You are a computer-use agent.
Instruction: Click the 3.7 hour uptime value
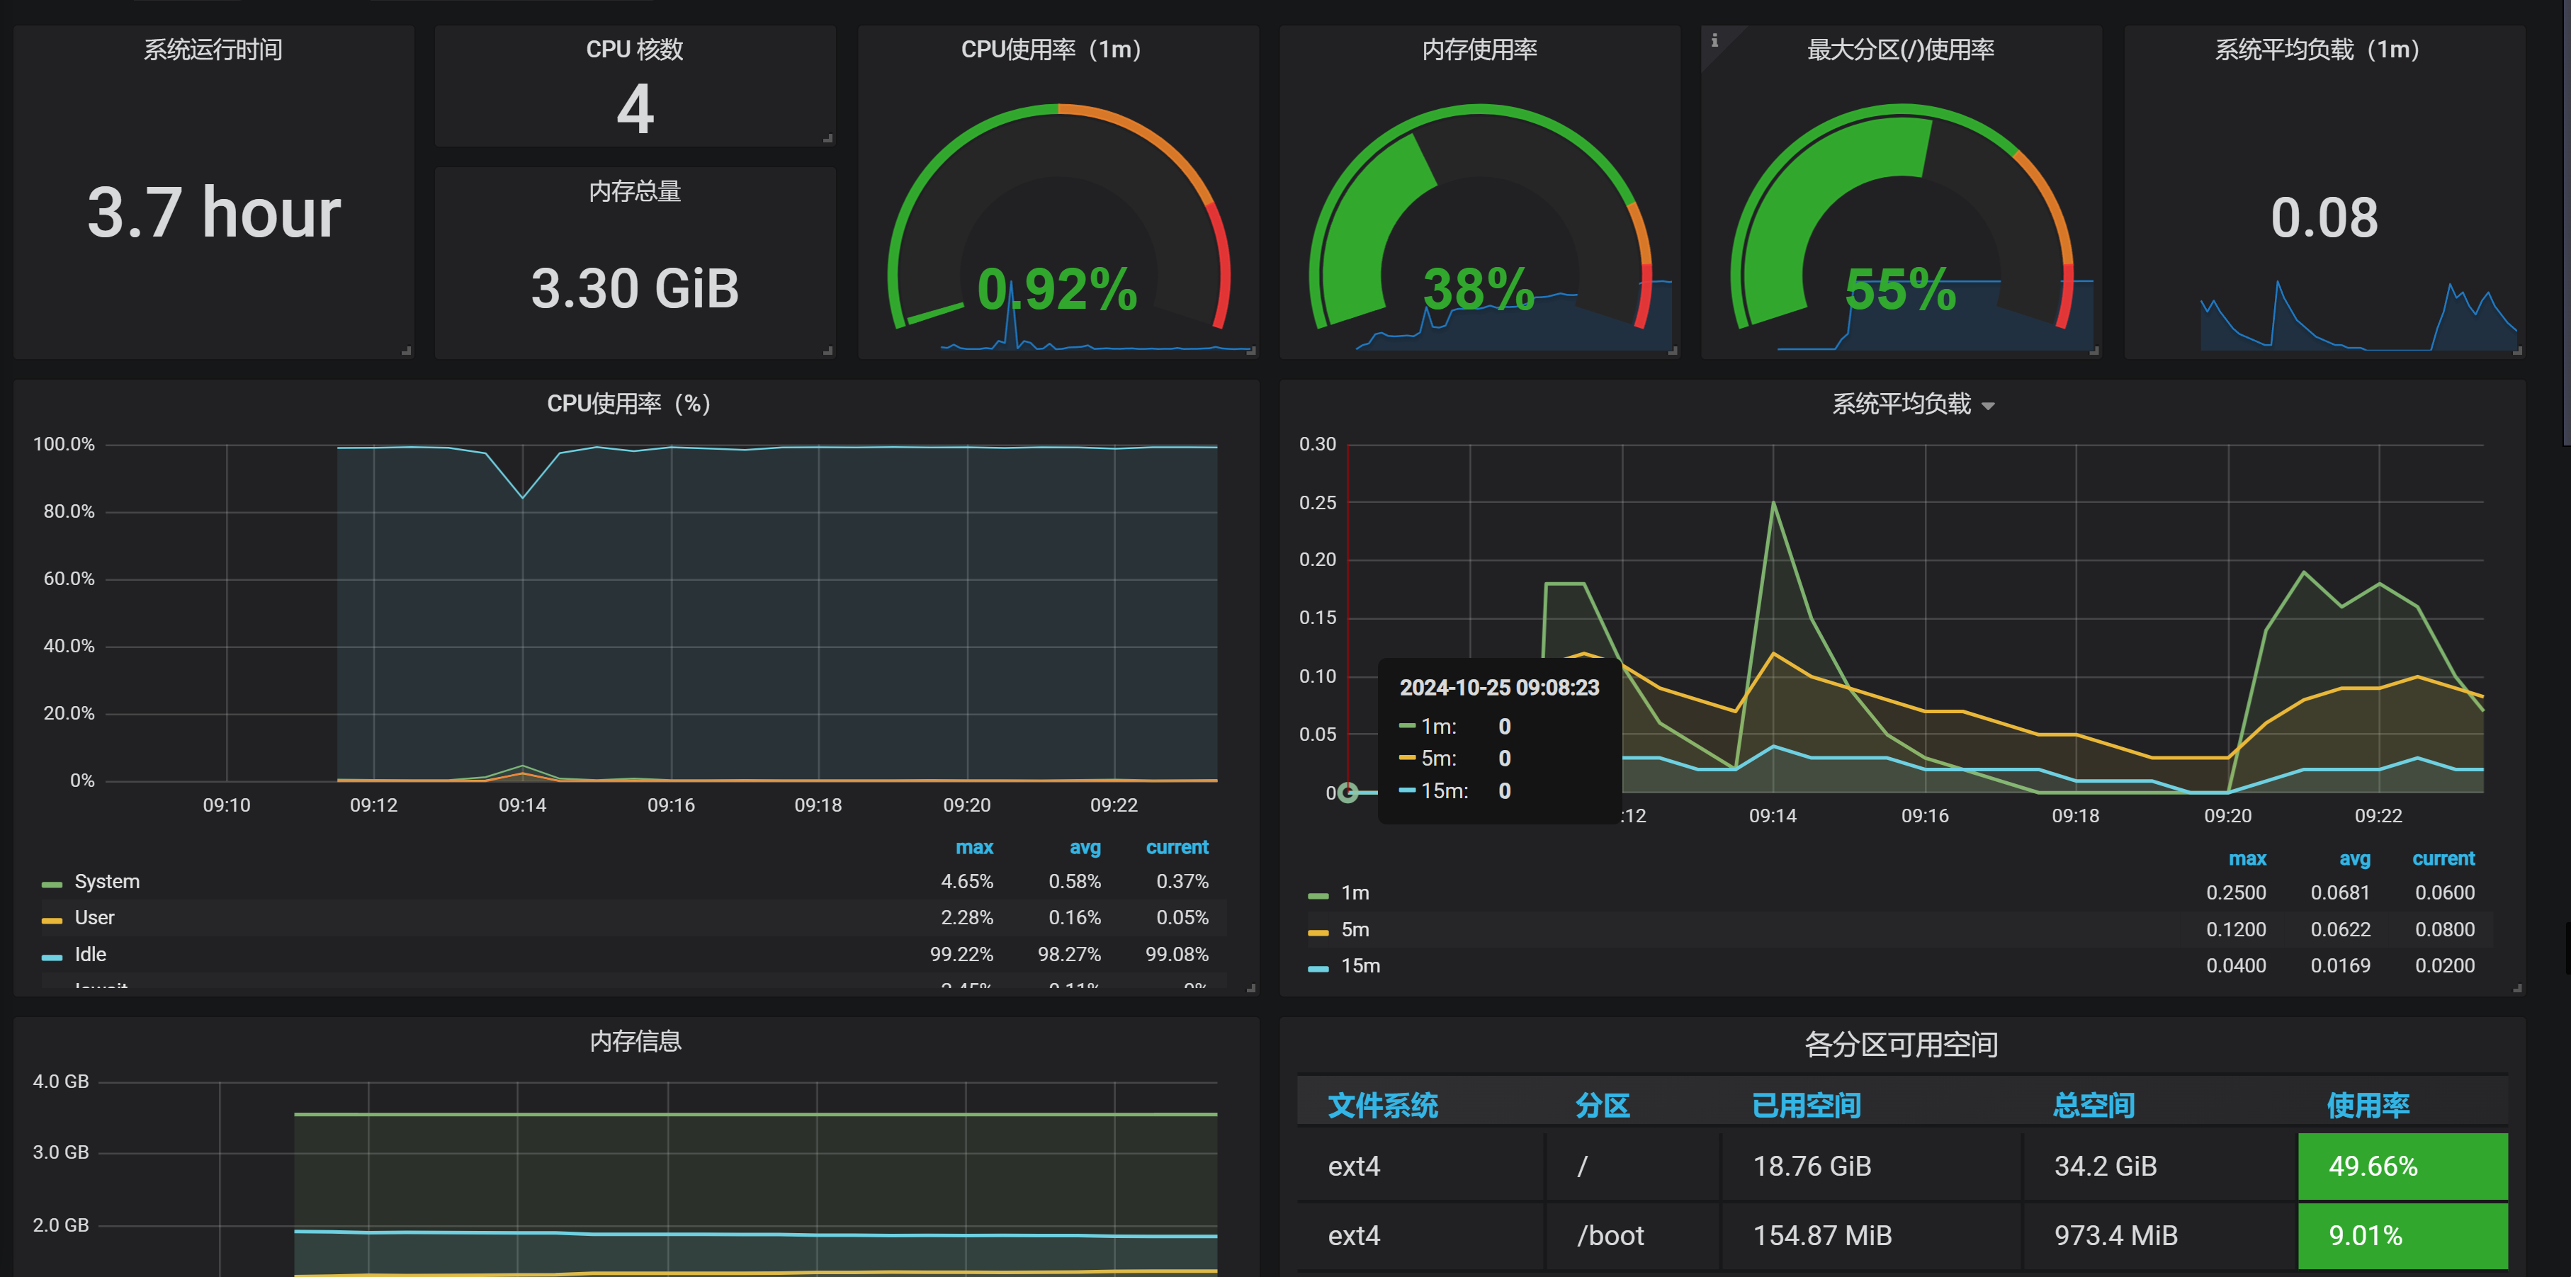click(213, 213)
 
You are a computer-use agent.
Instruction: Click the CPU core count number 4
click(635, 110)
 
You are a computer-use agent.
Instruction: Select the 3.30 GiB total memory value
click(635, 289)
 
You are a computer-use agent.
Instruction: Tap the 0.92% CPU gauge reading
click(1057, 289)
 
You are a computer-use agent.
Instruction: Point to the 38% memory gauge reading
click(1478, 289)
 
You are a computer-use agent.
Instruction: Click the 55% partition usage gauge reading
click(1899, 289)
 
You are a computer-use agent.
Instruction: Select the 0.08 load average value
click(2324, 217)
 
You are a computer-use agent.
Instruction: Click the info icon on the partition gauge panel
click(1714, 41)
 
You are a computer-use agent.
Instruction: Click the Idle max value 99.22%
click(961, 955)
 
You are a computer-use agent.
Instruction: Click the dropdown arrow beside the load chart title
click(1988, 406)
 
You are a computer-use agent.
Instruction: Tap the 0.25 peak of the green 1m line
click(1773, 503)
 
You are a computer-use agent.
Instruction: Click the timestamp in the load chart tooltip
click(1498, 688)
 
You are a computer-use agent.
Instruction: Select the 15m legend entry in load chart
click(1360, 966)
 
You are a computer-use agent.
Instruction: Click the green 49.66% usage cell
click(2402, 1167)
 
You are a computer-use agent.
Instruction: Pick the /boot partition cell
click(1610, 1236)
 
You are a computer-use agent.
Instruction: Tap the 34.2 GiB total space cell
click(2105, 1167)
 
